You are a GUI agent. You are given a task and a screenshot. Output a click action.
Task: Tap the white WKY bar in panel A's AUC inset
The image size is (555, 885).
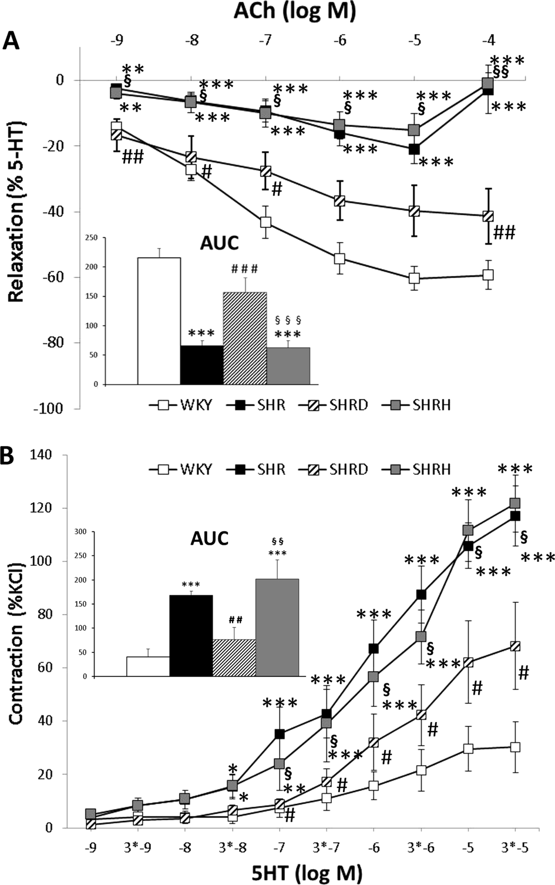tap(159, 321)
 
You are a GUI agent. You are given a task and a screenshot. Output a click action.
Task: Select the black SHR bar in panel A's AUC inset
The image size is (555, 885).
tap(202, 365)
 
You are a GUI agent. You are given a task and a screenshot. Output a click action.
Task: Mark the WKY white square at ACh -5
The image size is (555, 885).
tap(415, 278)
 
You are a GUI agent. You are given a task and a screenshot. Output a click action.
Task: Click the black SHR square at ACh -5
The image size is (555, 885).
tap(415, 149)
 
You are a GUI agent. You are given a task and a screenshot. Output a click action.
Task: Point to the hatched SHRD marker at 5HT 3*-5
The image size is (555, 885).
tap(515, 646)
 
